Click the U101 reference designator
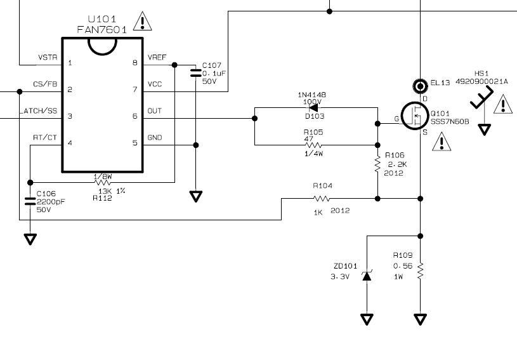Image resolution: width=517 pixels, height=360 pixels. tap(102, 19)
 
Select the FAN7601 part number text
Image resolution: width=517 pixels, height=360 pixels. tap(102, 30)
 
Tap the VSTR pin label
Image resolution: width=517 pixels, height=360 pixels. tap(48, 57)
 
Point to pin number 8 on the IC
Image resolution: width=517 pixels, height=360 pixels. tap(135, 62)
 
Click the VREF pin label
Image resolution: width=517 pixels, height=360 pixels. tap(157, 57)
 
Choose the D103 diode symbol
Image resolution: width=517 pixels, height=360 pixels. tap(313, 107)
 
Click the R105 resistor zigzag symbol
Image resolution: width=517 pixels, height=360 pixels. tap(313, 145)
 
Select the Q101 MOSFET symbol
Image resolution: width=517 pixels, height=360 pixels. tap(414, 116)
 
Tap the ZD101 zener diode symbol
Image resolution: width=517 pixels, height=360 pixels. tap(367, 276)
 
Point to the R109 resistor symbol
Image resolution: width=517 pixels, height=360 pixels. tap(420, 271)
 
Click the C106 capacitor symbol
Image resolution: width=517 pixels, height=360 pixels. tap(30, 201)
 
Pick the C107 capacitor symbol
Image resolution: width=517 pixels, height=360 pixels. tap(195, 73)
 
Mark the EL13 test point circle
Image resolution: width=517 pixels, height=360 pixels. tap(420, 86)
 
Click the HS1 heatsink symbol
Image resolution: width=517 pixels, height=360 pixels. tap(481, 97)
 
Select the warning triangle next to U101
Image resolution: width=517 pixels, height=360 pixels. tap(143, 22)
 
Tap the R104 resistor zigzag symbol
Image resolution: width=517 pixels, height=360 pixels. tap(321, 198)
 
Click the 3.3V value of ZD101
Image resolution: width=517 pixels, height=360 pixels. tap(340, 277)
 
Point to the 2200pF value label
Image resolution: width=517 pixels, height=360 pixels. tap(51, 202)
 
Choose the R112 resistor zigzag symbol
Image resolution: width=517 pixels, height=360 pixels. tap(103, 182)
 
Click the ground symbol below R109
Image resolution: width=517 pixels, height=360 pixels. tap(420, 319)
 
